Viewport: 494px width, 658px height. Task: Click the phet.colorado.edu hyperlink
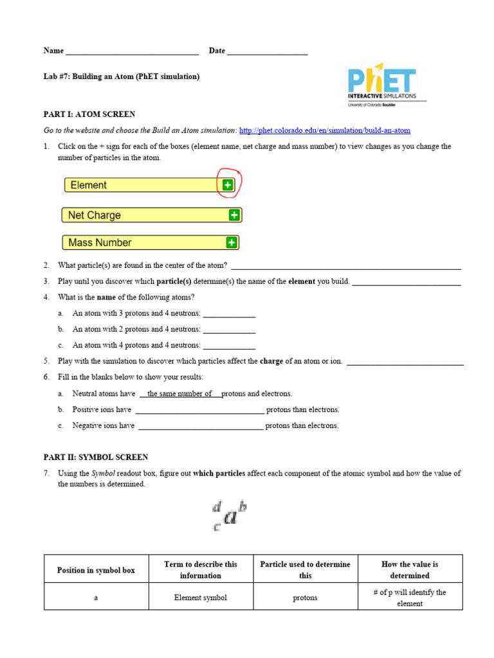click(x=324, y=130)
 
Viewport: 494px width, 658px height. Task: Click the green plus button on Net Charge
click(x=234, y=215)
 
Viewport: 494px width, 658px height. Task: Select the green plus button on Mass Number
click(x=232, y=243)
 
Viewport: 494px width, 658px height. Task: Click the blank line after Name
click(x=132, y=51)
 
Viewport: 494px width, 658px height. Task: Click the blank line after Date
click(x=267, y=51)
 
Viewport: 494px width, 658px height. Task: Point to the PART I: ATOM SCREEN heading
click(x=89, y=114)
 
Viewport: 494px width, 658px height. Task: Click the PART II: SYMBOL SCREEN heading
click(x=96, y=458)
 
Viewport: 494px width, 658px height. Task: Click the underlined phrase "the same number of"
click(x=179, y=394)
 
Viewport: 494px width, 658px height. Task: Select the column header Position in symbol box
click(x=96, y=570)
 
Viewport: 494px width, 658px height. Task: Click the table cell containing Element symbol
click(x=201, y=598)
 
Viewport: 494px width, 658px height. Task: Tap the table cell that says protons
click(x=305, y=598)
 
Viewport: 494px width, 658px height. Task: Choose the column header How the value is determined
click(x=410, y=570)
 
